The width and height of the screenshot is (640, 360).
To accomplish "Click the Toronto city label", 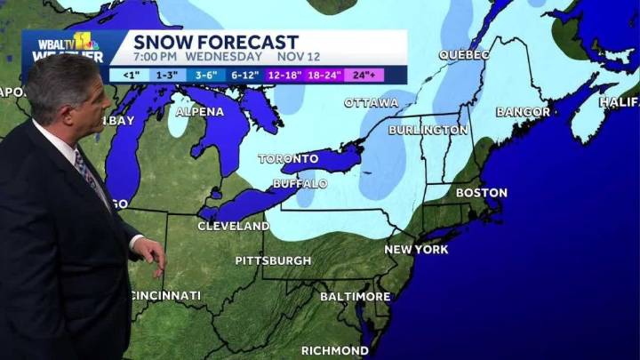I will [x=288, y=159].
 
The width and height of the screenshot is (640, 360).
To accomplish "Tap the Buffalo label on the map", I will [x=300, y=183].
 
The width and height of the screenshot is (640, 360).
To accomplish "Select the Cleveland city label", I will [x=233, y=227].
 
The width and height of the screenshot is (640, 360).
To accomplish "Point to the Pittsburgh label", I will [x=273, y=260].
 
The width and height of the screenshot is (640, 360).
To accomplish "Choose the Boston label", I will [x=481, y=192].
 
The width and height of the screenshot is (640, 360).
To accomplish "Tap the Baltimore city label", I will [x=355, y=295].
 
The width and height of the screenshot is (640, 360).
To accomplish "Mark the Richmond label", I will [x=335, y=350].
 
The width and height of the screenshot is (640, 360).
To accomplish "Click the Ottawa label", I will [x=371, y=103].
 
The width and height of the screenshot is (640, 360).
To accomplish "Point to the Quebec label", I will [x=464, y=55].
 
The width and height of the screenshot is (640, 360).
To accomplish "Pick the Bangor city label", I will [x=524, y=112].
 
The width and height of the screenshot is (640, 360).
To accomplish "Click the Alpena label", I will [x=200, y=112].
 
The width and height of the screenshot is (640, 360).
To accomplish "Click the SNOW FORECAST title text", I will [x=216, y=42].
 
